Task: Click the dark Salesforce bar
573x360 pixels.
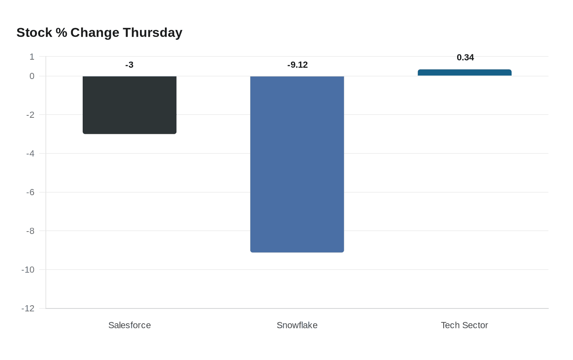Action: pos(129,105)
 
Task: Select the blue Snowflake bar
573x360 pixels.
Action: pos(297,164)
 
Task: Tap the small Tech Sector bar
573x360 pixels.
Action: pos(465,73)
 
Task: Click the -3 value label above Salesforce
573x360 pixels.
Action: pos(129,65)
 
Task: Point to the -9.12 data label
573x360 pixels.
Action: pos(297,65)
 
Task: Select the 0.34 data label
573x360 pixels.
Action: pos(465,58)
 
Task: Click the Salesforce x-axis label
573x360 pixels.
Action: pos(129,325)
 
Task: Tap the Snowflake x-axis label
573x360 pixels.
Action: pos(297,325)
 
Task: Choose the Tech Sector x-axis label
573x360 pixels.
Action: pos(465,325)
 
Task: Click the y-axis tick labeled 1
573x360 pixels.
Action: pos(32,57)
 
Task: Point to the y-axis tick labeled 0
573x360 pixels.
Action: pos(32,76)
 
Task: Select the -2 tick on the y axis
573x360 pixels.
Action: pos(30,115)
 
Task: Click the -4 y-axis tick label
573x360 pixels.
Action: pos(30,154)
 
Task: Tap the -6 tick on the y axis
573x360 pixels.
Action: pos(30,192)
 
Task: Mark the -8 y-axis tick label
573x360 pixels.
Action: pos(30,231)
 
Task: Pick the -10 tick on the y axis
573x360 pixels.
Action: pos(28,270)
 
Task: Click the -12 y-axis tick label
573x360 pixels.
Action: pos(28,308)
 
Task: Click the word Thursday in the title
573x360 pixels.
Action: pos(152,33)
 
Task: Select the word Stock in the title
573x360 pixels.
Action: pos(34,33)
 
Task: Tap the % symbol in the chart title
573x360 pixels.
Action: pos(61,33)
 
